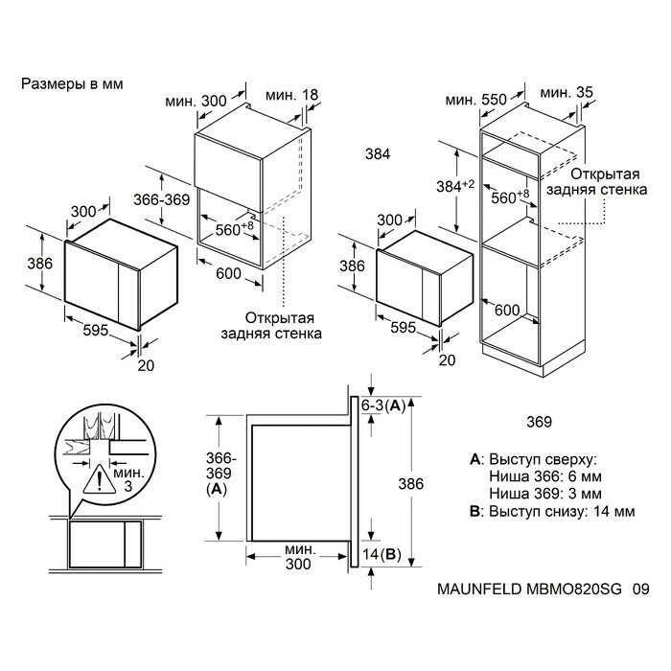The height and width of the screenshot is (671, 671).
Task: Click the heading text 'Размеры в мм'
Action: click(72, 84)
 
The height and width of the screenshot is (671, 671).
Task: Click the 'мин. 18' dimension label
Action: click(292, 95)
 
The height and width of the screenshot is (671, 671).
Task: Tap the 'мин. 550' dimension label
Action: click(475, 100)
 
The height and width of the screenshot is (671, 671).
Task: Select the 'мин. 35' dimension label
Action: click(567, 92)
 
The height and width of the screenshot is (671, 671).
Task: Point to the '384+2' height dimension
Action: click(455, 186)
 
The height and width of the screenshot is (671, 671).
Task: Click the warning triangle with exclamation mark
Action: click(100, 479)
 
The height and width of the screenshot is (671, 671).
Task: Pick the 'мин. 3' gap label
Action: click(128, 479)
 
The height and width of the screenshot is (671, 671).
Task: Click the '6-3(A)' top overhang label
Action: click(383, 405)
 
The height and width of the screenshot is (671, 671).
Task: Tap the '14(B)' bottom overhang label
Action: click(382, 555)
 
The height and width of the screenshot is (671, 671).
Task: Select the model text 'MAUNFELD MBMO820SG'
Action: click(529, 589)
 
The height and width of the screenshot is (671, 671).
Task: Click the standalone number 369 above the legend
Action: click(539, 422)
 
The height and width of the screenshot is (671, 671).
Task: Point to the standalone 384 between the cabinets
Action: click(378, 154)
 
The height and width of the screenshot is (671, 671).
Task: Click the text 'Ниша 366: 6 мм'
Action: click(545, 476)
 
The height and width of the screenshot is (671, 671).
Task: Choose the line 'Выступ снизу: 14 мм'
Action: click(562, 511)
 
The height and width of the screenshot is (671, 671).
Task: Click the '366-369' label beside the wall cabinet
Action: click(161, 199)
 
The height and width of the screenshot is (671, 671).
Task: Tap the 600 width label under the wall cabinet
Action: click(228, 273)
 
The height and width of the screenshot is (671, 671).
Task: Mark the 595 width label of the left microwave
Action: click(96, 330)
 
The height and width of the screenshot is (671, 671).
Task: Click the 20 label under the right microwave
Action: click(448, 360)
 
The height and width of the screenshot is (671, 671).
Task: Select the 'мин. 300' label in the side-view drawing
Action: click(298, 557)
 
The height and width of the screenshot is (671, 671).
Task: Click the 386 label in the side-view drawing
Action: click(411, 484)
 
